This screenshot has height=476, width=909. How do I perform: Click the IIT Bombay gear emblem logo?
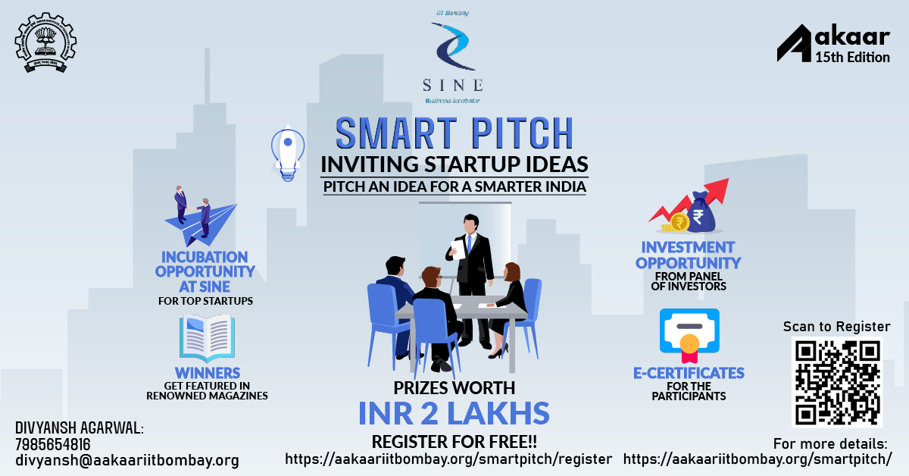coord(46,42)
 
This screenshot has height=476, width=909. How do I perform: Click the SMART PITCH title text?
coord(454,133)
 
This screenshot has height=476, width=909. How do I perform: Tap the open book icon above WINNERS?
coord(207,338)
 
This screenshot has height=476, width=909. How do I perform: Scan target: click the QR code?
coord(837,382)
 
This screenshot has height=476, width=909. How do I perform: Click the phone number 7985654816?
coord(53,444)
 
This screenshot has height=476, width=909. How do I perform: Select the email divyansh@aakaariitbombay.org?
coord(127,460)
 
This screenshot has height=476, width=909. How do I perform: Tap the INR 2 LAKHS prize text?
coord(454,413)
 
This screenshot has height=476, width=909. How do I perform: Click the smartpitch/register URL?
coord(448,459)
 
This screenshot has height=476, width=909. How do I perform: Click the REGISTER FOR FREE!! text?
coord(454,441)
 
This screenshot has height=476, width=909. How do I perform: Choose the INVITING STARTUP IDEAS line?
coord(454,164)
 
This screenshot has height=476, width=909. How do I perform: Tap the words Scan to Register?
coord(836,327)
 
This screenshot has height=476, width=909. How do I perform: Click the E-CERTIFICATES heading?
coord(689,373)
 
